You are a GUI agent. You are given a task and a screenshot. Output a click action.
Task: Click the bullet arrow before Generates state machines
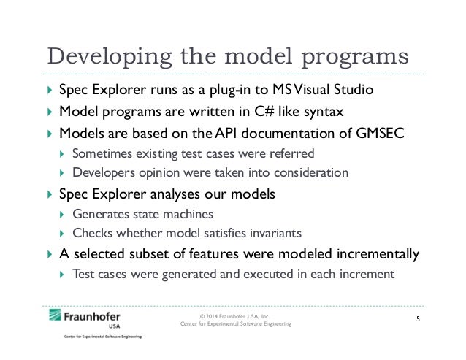coord(63,214)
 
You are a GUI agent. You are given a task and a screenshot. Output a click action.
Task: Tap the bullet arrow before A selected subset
coord(49,255)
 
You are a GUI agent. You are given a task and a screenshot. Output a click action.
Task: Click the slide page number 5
coord(418,320)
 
